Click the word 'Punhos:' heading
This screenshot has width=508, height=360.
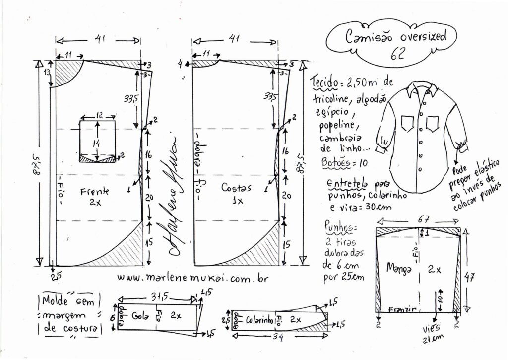coord(340,228)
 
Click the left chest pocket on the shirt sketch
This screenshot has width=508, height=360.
coord(408,123)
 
